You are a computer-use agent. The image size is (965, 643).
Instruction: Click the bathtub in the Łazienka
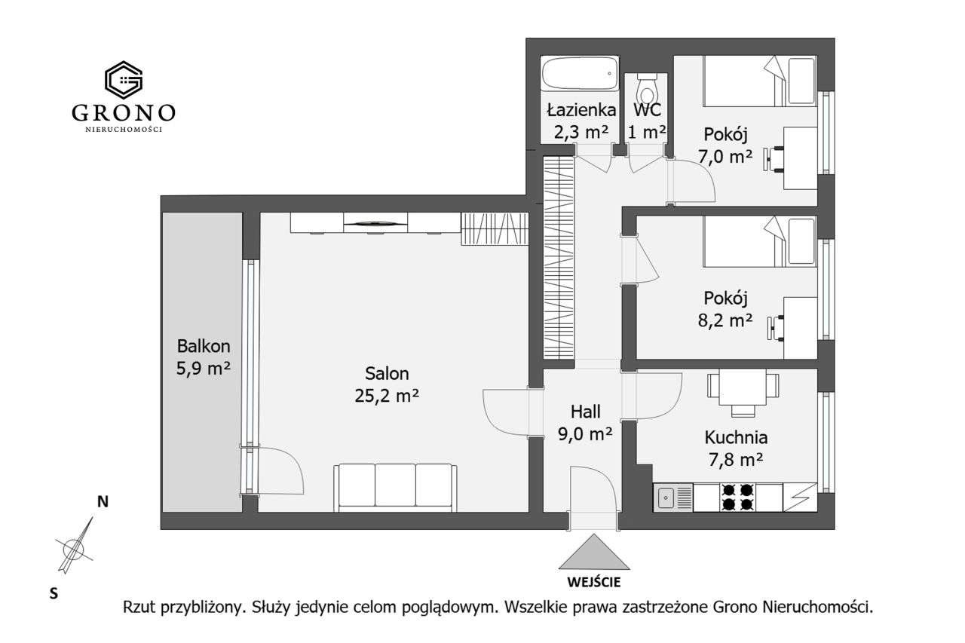580,75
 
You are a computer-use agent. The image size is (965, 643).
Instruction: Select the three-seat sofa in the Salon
395,487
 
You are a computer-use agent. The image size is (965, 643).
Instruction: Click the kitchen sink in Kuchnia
666,498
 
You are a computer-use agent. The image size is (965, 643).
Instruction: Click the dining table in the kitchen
743,387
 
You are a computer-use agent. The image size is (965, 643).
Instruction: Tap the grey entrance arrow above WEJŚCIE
594,552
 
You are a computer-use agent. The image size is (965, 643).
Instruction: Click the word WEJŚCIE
594,582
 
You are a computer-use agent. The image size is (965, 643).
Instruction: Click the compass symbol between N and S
74,547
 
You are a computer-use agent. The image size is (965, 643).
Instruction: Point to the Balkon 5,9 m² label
203,357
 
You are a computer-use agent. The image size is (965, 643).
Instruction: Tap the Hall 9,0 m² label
585,422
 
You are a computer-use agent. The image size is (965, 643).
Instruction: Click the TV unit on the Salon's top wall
375,223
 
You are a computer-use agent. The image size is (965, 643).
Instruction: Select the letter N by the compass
103,502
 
